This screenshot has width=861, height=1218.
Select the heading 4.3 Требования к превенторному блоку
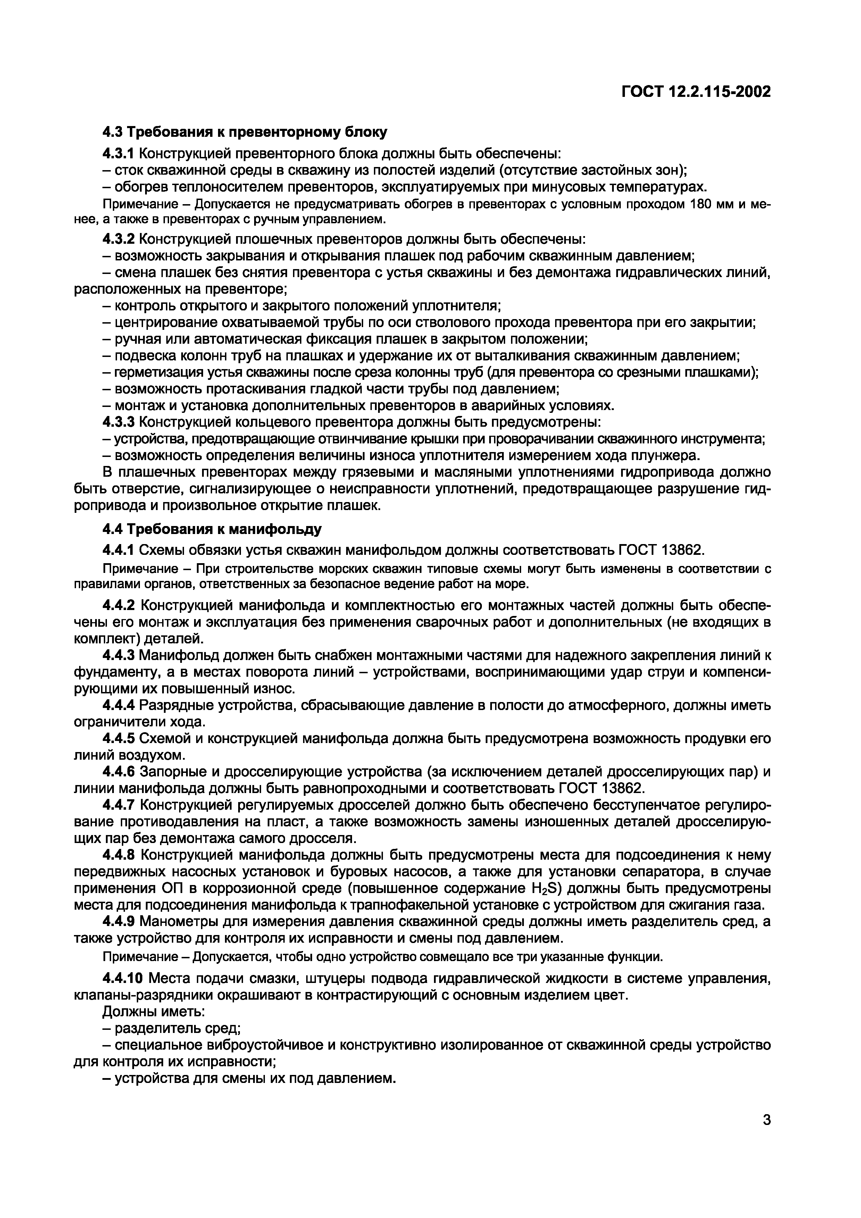point(244,132)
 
